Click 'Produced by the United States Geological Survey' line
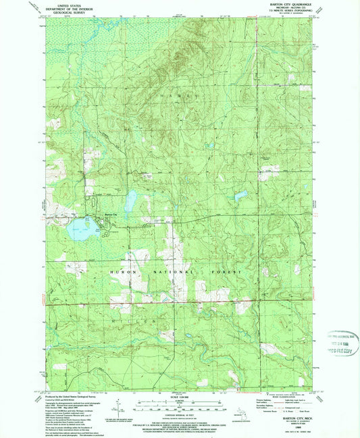coord(68,397)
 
